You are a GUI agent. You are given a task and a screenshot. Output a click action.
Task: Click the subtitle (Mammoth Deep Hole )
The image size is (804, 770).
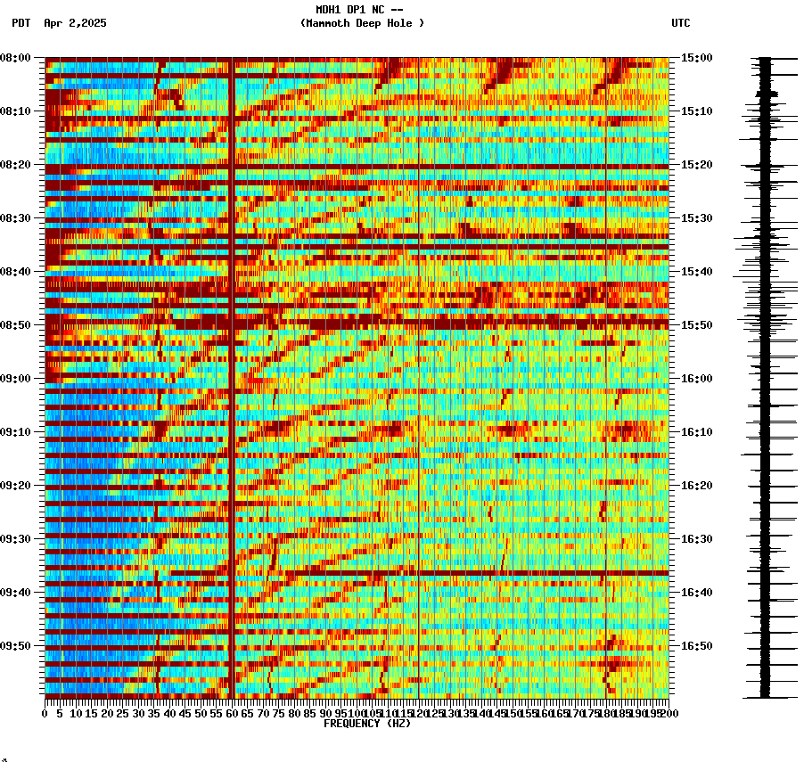tap(362, 23)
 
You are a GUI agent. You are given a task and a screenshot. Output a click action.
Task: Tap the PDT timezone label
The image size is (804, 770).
tap(21, 23)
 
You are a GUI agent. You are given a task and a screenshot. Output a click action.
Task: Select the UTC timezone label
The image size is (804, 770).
tap(680, 23)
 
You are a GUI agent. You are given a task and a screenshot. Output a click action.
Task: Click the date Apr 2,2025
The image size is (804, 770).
tap(75, 23)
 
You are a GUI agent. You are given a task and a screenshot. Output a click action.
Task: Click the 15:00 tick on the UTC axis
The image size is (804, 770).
tap(696, 58)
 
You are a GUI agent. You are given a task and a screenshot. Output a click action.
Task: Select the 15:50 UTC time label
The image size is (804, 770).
tap(696, 325)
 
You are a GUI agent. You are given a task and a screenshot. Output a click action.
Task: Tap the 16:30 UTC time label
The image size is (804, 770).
tap(696, 539)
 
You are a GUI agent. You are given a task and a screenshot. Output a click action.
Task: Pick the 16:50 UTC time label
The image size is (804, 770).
tap(696, 646)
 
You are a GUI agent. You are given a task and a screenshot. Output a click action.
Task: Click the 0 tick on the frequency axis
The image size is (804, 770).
tap(45, 714)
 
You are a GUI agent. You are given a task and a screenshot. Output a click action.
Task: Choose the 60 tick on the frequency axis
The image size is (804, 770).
tap(232, 714)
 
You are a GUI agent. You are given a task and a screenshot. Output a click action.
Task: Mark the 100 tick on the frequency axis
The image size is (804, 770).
tap(357, 714)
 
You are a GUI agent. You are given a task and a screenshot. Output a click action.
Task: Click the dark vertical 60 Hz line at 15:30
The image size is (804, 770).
tap(232, 218)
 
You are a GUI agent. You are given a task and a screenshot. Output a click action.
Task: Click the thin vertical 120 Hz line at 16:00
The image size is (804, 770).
tap(419, 379)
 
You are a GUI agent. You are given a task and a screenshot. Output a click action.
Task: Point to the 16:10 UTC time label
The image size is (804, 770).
tap(696, 432)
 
